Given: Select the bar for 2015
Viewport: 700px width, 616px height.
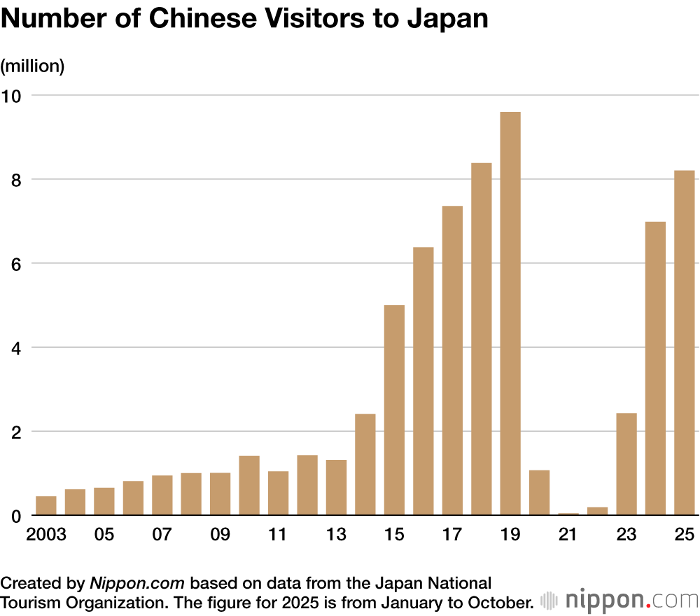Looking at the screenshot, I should (x=394, y=410).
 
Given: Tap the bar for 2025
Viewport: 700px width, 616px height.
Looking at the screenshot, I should (x=684, y=343).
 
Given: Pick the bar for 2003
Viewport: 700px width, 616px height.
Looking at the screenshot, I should (x=46, y=506).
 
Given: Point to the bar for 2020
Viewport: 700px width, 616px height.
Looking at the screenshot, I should (x=539, y=493).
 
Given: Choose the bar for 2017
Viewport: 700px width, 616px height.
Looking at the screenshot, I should (x=452, y=360).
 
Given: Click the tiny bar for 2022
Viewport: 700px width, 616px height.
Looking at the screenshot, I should (x=597, y=511).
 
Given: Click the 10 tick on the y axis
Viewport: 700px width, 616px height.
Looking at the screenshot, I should (x=13, y=95).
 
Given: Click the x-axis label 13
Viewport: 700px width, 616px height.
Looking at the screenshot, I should (x=336, y=535).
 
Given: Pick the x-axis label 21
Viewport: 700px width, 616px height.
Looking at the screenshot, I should (x=568, y=535).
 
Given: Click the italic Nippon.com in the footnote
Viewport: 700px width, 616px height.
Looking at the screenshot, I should (x=137, y=583).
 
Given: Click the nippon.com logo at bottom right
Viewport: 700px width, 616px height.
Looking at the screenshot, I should (x=619, y=601).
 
